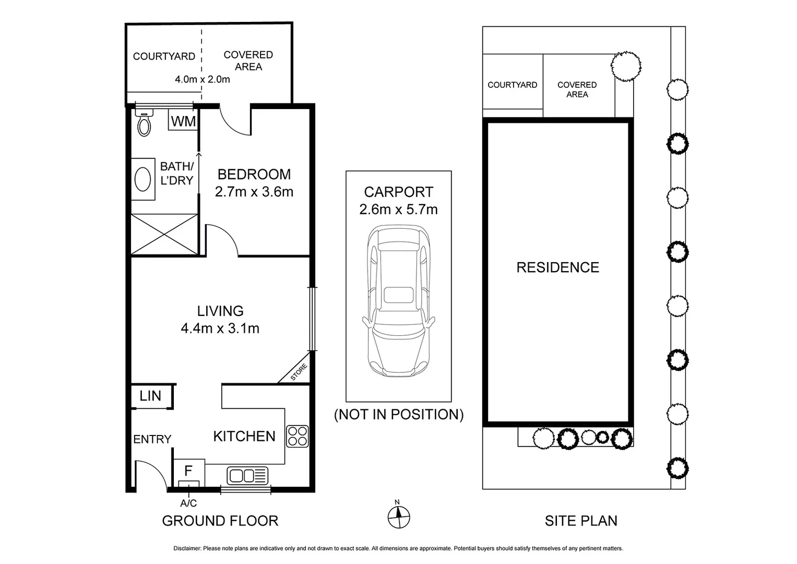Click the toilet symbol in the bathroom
144,123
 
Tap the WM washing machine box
183,122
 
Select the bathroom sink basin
142,180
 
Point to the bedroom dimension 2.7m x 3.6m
254,192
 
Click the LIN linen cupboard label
150,396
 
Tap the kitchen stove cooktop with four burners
298,437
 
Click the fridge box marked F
188,472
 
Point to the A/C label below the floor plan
188,503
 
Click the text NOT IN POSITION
399,415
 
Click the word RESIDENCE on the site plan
557,268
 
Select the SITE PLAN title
581,521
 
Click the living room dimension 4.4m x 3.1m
220,328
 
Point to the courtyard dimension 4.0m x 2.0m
202,79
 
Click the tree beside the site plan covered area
626,66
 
